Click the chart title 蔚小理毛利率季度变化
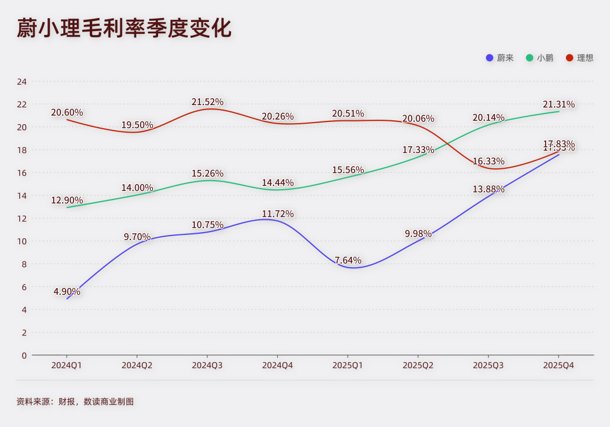click(x=124, y=28)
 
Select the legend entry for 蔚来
click(x=500, y=58)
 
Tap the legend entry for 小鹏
click(x=540, y=58)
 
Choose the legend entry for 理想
click(x=580, y=58)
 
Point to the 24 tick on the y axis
click(x=22, y=81)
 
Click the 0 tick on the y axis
click(x=24, y=355)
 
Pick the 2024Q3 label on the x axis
click(x=207, y=365)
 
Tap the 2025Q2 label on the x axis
click(x=418, y=365)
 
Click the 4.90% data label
click(x=67, y=291)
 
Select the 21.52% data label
click(x=207, y=102)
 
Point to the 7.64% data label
click(x=348, y=260)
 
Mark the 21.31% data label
click(x=559, y=104)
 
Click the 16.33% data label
click(x=489, y=162)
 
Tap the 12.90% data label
click(x=67, y=201)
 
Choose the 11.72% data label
click(x=278, y=214)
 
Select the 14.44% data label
click(x=278, y=183)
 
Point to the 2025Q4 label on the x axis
click(x=559, y=365)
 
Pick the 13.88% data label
click(x=489, y=189)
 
